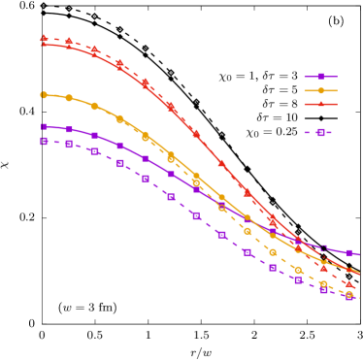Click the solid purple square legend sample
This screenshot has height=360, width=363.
tap(320, 77)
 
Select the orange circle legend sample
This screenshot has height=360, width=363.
tap(320, 90)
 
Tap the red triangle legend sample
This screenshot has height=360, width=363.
tap(320, 104)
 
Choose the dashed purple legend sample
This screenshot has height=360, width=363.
tap(320, 132)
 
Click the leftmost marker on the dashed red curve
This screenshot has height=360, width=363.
tap(44, 39)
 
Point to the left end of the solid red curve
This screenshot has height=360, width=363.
tap(42, 45)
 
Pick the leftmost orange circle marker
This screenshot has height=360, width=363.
tap(44, 94)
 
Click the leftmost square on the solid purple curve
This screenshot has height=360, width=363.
tap(44, 126)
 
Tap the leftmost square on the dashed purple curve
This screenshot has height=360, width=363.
tap(44, 141)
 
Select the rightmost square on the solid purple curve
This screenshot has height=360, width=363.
tap(349, 253)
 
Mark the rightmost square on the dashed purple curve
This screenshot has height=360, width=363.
tap(349, 297)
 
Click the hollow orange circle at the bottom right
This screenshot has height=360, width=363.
tap(349, 294)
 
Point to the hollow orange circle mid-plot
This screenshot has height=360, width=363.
tap(222, 208)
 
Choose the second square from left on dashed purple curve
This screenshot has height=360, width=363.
tap(69, 144)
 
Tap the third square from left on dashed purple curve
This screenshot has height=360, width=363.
tap(94, 151)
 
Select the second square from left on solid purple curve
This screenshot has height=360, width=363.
tap(69, 129)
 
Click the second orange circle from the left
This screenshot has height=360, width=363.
tap(69, 98)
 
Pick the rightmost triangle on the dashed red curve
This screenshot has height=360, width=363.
tap(349, 284)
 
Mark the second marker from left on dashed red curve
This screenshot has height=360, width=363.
tap(69, 42)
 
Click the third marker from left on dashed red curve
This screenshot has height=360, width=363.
tap(94, 49)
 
